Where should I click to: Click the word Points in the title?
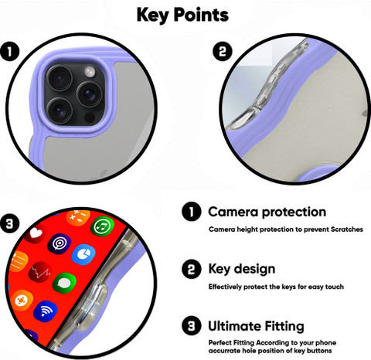201,15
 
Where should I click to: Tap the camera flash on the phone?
90,71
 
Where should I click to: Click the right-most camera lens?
90,94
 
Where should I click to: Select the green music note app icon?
102,226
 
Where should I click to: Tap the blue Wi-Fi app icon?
46,311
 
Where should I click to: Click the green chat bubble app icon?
64,284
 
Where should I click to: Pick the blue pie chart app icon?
83,255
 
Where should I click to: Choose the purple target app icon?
59,244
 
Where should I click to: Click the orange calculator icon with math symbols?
78,217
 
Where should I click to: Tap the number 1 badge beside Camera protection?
192,212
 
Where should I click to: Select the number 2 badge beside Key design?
192,269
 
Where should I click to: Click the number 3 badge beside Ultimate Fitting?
192,326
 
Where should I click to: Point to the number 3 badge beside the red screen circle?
10,223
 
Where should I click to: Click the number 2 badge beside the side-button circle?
223,51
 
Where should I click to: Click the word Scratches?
347,229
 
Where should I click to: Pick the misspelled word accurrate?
224,351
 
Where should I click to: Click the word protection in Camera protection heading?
294,212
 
